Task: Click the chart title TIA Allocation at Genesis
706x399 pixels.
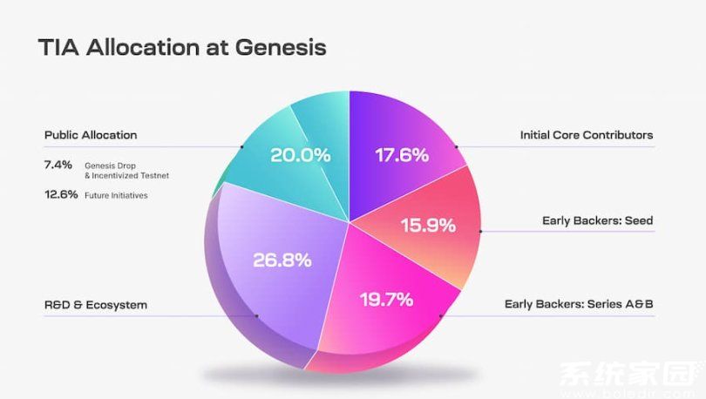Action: pos(181,47)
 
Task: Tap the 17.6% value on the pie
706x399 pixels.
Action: pos(402,156)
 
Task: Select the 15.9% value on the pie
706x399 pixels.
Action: pos(428,226)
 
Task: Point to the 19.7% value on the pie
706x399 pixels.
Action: pos(386,301)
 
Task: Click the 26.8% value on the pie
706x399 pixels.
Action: pos(282,260)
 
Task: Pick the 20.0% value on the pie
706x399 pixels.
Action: pos(300,156)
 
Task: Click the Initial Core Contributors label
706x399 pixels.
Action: pos(586,135)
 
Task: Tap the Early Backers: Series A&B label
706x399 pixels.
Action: pos(579,305)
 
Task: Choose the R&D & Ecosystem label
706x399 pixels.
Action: pos(96,305)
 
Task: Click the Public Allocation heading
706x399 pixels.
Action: pos(91,135)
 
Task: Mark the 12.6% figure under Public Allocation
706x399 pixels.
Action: pos(59,194)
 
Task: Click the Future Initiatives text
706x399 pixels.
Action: pos(116,195)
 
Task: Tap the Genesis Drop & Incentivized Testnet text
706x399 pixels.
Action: pos(126,170)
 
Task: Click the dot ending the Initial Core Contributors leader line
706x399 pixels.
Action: pos(455,146)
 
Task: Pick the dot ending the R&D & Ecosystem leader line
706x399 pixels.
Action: pos(256,316)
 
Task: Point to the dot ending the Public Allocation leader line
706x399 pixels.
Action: pos(241,146)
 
